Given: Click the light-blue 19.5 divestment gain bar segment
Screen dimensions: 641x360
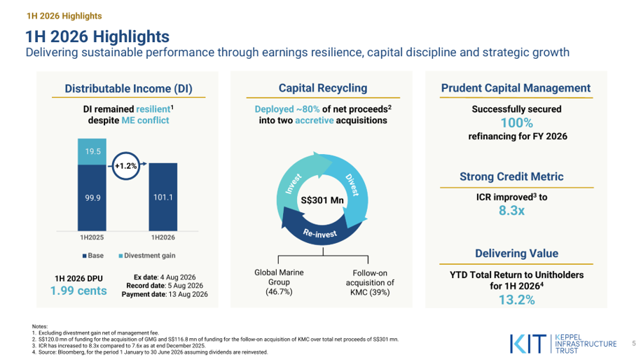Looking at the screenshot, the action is click(92, 151).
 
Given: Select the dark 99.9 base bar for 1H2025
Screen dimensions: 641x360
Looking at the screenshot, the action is click(92, 198).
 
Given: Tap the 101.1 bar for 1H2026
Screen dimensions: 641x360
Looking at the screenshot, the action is click(163, 197).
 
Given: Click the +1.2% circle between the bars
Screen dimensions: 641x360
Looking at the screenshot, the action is click(125, 166).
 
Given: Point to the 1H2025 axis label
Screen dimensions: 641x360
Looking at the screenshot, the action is click(92, 237).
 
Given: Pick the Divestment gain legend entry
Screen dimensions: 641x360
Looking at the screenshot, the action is click(146, 256).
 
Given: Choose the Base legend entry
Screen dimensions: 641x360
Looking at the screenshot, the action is click(92, 256).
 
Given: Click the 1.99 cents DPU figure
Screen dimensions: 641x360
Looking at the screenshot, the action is click(78, 291).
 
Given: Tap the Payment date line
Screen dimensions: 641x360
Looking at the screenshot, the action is click(165, 294).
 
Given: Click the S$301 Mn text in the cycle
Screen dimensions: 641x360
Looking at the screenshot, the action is click(322, 200).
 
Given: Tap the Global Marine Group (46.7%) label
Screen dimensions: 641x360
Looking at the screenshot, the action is click(279, 282).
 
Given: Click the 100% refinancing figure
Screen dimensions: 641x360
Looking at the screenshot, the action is click(517, 123).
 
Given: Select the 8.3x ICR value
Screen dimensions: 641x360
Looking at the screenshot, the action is click(511, 210).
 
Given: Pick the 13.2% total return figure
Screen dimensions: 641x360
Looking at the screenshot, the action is click(517, 300).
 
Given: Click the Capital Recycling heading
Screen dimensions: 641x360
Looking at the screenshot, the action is click(323, 88).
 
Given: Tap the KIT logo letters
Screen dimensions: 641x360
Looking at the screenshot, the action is click(528, 344).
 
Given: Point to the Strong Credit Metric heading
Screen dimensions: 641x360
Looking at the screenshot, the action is click(511, 176).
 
